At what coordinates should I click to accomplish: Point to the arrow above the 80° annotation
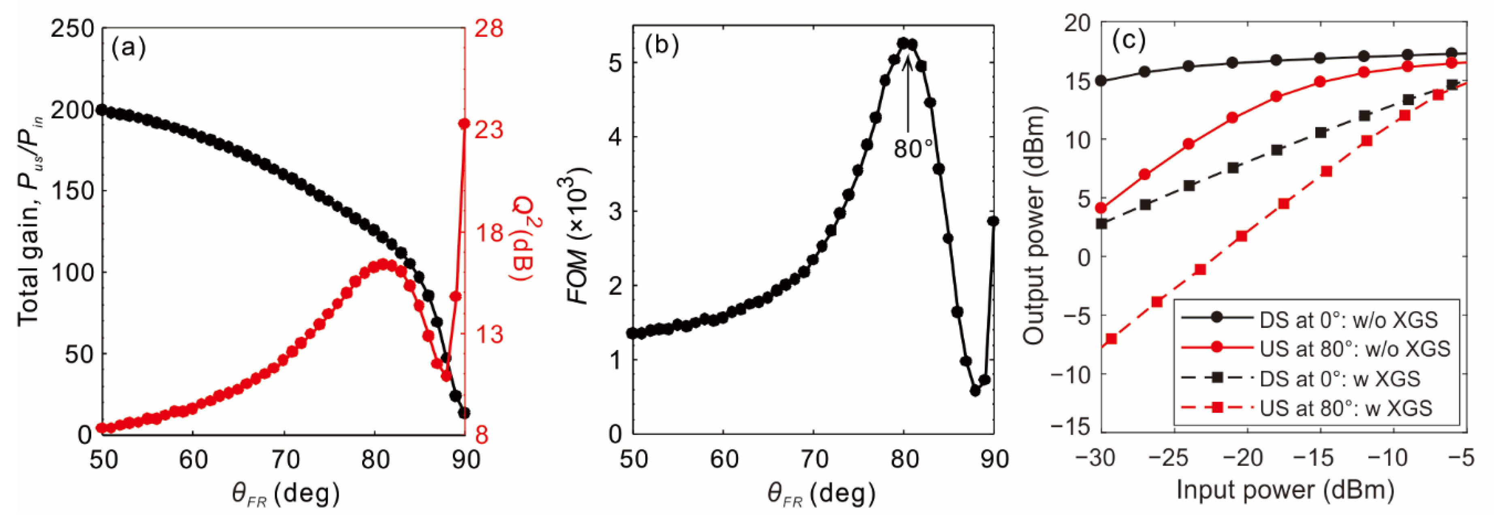pyautogui.click(x=908, y=93)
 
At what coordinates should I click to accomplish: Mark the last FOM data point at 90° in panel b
pyautogui.click(x=993, y=221)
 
